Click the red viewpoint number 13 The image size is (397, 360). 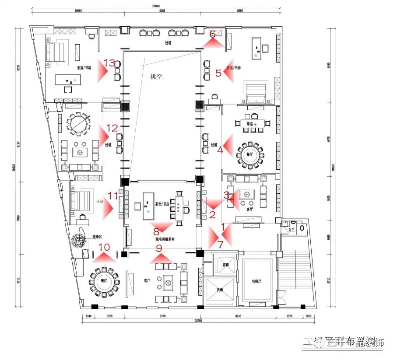coord(109,62)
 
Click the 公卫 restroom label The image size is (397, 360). coord(291,229)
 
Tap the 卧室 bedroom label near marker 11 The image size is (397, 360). coord(99,202)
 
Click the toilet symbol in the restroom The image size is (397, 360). coord(302,227)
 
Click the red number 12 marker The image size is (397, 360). coord(112,128)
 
